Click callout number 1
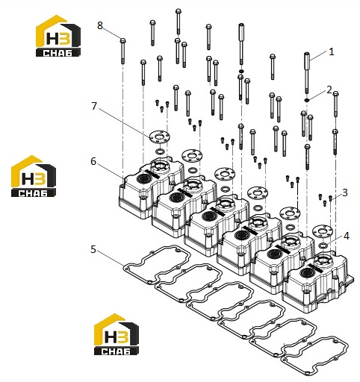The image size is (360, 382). [x=331, y=52]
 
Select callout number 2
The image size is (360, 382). [x=329, y=90]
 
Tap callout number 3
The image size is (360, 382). [x=344, y=192]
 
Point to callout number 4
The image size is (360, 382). [x=347, y=236]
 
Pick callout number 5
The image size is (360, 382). [x=93, y=249]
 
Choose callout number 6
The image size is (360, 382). [x=93, y=161]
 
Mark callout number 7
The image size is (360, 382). [x=94, y=106]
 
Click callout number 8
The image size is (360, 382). [x=100, y=25]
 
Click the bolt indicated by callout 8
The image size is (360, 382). [x=122, y=51]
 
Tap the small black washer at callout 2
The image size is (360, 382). [x=306, y=100]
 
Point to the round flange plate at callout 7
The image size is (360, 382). [x=160, y=137]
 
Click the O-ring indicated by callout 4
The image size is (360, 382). [x=323, y=245]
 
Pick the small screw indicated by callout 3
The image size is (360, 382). [x=330, y=198]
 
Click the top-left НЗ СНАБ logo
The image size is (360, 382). [x=58, y=36]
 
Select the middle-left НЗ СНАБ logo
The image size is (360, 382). [x=34, y=176]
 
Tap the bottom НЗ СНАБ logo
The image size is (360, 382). [x=117, y=334]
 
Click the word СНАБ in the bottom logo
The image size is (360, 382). [x=116, y=351]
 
